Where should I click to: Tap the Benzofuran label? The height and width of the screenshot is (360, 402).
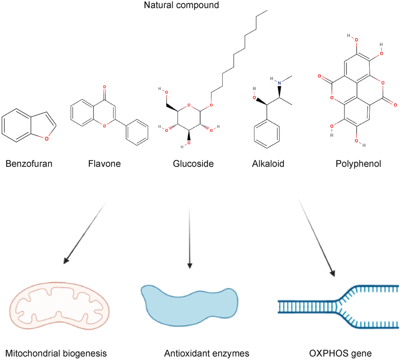(x=29, y=163)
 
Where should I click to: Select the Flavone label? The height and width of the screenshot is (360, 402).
(x=105, y=163)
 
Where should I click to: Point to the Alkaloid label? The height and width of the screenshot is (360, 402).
(x=268, y=163)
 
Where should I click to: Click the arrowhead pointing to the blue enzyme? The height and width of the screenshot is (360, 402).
(x=190, y=265)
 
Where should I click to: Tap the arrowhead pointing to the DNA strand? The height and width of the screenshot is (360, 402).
(x=333, y=273)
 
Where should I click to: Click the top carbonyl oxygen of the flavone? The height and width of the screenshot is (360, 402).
(x=104, y=86)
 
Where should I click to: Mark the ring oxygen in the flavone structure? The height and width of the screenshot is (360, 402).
(x=104, y=126)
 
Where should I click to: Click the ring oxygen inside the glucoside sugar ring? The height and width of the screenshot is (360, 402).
(x=189, y=105)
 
